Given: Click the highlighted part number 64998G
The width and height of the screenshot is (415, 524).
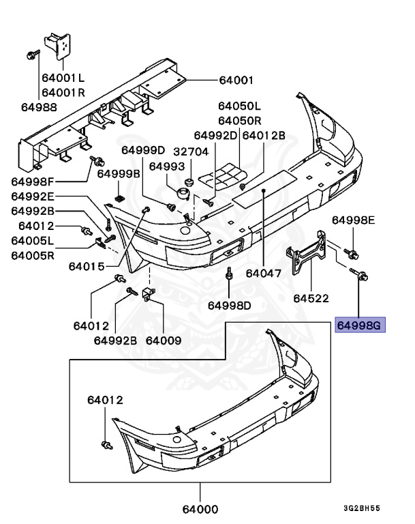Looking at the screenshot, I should (x=360, y=325).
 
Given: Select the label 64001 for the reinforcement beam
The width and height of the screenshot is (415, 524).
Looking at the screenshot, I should (x=236, y=80).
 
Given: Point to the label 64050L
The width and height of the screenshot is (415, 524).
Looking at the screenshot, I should (x=239, y=106).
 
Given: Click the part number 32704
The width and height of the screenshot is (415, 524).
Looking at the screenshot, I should (x=190, y=151).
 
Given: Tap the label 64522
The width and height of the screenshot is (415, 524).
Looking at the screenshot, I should (x=311, y=298).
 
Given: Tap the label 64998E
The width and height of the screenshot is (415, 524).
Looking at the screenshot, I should (x=354, y=220).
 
